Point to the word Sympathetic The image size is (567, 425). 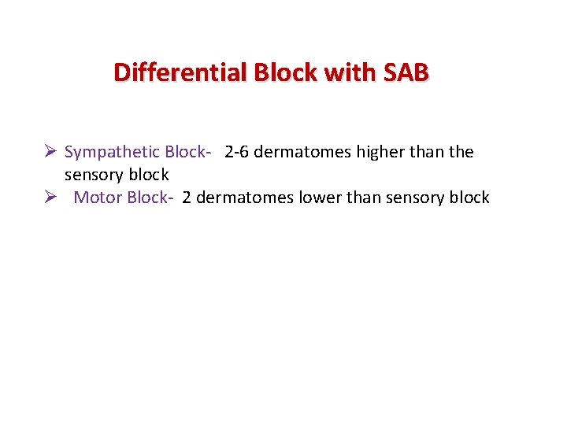coord(113,152)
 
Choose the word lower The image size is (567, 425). coord(319,198)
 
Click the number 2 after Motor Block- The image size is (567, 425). coord(187,198)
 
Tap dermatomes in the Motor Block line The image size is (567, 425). coord(245,198)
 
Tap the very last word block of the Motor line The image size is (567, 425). coord(469,198)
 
